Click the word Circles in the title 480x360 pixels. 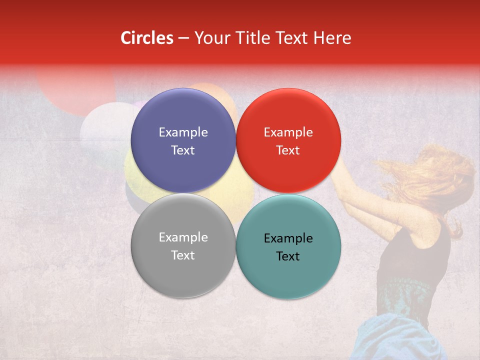coord(146,38)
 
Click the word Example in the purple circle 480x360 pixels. coord(183,132)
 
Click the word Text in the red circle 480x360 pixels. coord(288,150)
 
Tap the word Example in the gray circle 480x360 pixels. coord(183,237)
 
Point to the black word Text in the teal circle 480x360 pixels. coord(288,256)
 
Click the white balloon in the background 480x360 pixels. coord(102,127)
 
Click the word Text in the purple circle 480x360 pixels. coord(183,150)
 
